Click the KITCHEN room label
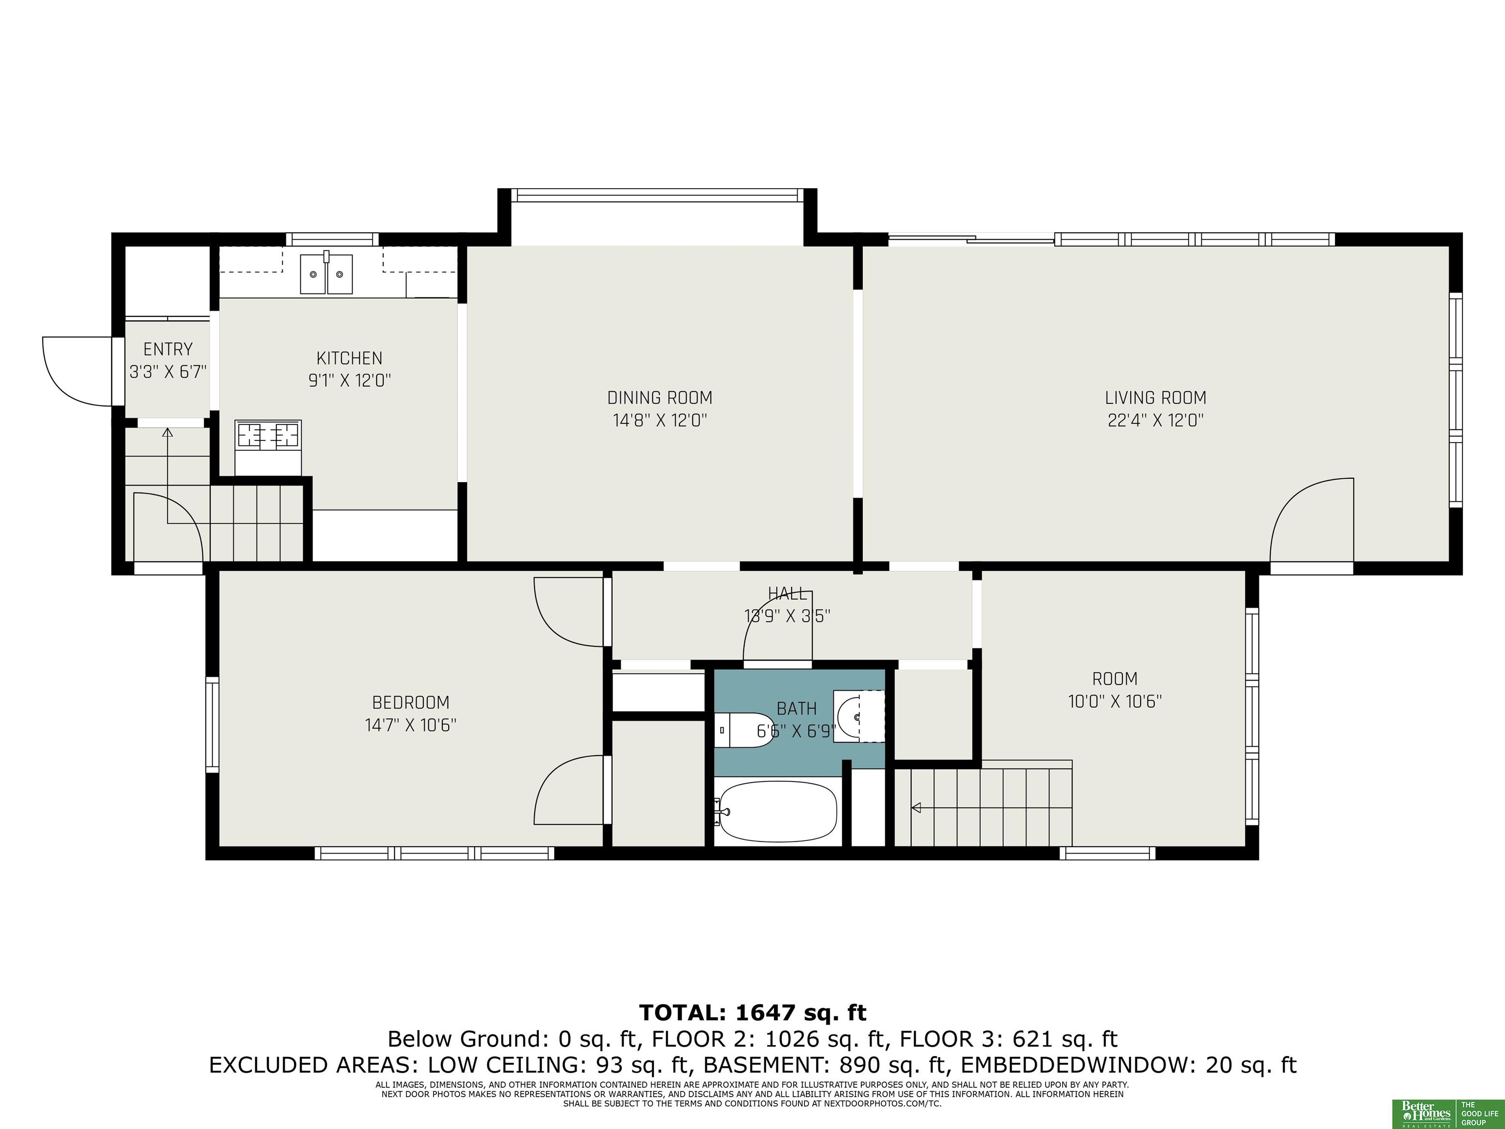pos(349,358)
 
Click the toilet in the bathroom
pos(745,730)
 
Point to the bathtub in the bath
pos(777,810)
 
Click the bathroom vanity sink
pos(860,716)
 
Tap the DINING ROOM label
pos(660,397)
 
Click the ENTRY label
pos(168,349)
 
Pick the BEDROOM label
pos(410,702)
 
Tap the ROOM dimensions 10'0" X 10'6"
pos(1115,701)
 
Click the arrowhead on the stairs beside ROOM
pos(916,808)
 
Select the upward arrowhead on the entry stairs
pos(168,432)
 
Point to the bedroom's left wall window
pos(212,725)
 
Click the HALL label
pos(788,593)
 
